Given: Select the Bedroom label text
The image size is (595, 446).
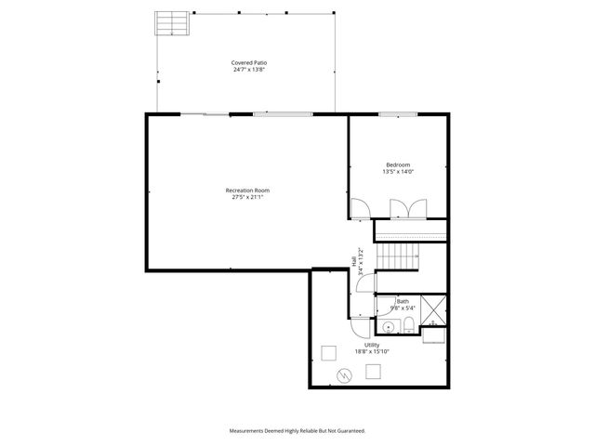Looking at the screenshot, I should (x=398, y=165).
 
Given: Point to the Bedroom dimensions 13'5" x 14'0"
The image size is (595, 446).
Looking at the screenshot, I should (x=398, y=172).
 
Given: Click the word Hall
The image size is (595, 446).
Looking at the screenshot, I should (x=354, y=262).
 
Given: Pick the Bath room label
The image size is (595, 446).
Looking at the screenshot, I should (x=403, y=301).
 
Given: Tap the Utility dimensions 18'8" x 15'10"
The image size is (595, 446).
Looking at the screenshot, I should (x=372, y=351).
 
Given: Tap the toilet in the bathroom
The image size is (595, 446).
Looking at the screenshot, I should (x=408, y=324).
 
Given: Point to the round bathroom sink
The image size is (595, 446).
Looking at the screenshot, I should (x=387, y=327).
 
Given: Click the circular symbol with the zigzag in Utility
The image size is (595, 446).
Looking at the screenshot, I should (x=344, y=375).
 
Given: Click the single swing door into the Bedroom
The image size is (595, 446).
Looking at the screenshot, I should (x=360, y=209).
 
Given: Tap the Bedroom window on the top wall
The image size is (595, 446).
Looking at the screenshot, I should (x=397, y=114).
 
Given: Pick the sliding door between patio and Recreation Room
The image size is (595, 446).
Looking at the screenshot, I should (x=205, y=114).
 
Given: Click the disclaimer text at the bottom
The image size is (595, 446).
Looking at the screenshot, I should (x=297, y=430).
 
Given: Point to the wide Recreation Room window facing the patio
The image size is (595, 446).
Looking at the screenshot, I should (x=283, y=114).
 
